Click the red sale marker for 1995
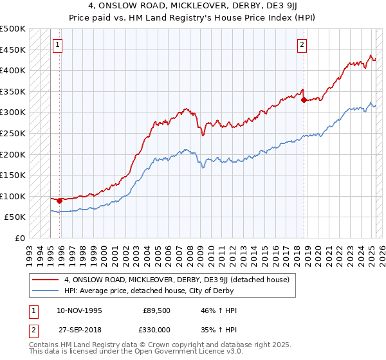pos(59,201)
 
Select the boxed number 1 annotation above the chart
pos(59,45)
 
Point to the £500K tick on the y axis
pos(13,29)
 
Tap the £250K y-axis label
pos(13,133)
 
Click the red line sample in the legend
pos(45,280)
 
